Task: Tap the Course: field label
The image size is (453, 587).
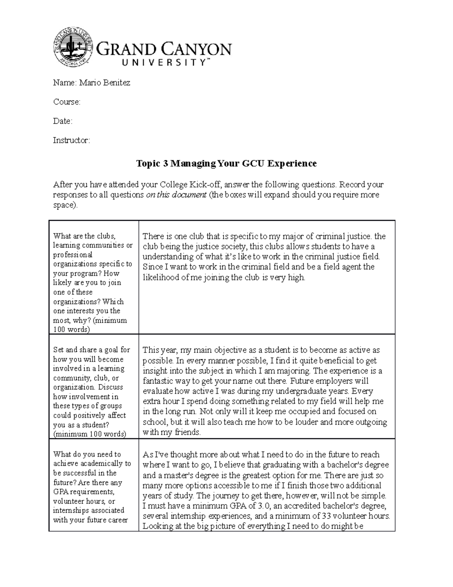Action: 66,102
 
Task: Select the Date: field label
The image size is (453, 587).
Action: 62,121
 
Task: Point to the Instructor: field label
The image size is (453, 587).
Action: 71,141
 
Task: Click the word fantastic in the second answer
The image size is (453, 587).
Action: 158,381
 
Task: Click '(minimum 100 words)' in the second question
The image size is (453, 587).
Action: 89,434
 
